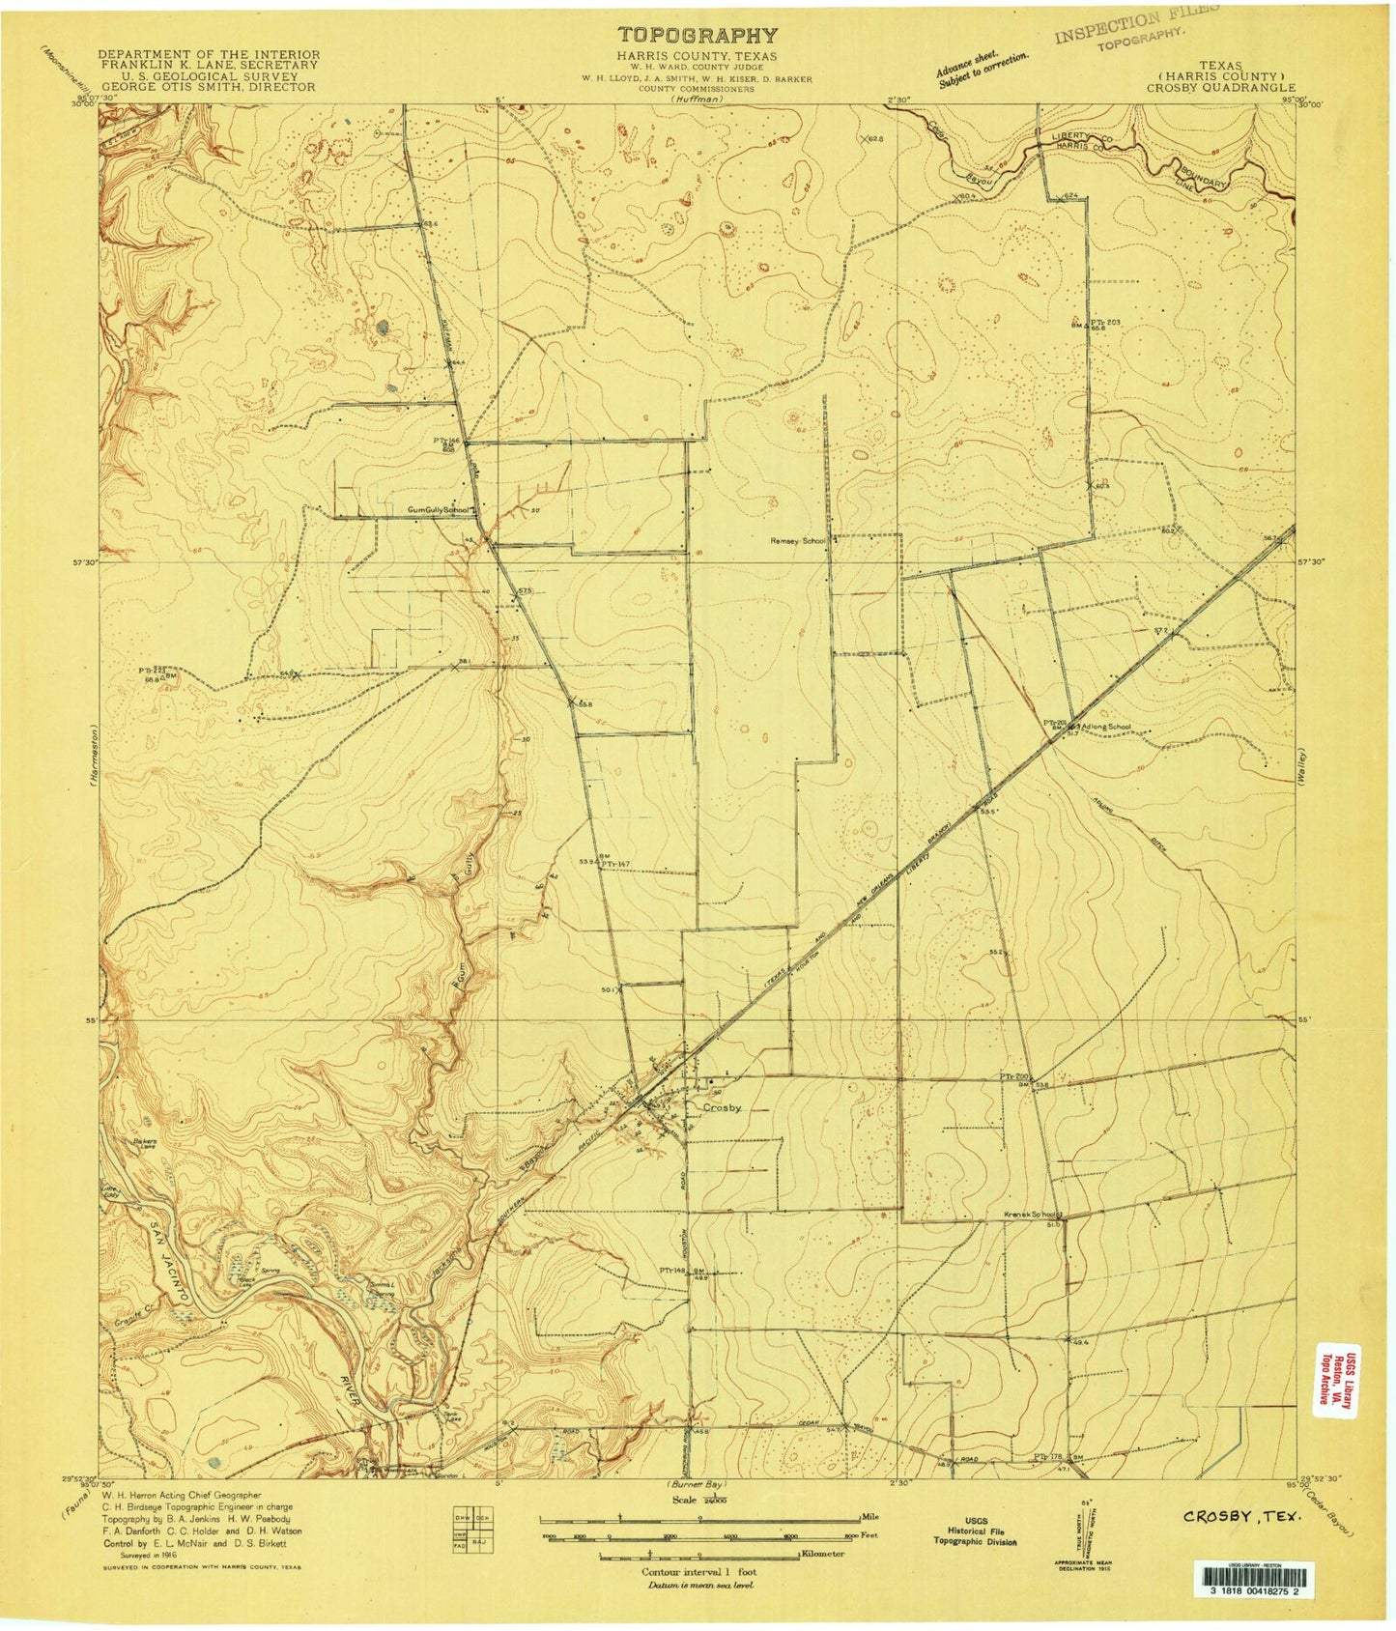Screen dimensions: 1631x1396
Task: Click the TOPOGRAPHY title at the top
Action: coord(697,36)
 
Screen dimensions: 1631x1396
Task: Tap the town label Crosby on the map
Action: coord(723,1108)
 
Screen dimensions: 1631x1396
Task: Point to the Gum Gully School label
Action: coord(437,509)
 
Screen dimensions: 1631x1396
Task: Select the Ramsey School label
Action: coord(797,541)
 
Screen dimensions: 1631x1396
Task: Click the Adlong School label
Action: coord(1107,727)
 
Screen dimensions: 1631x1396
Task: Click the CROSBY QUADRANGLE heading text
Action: coord(1220,87)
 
